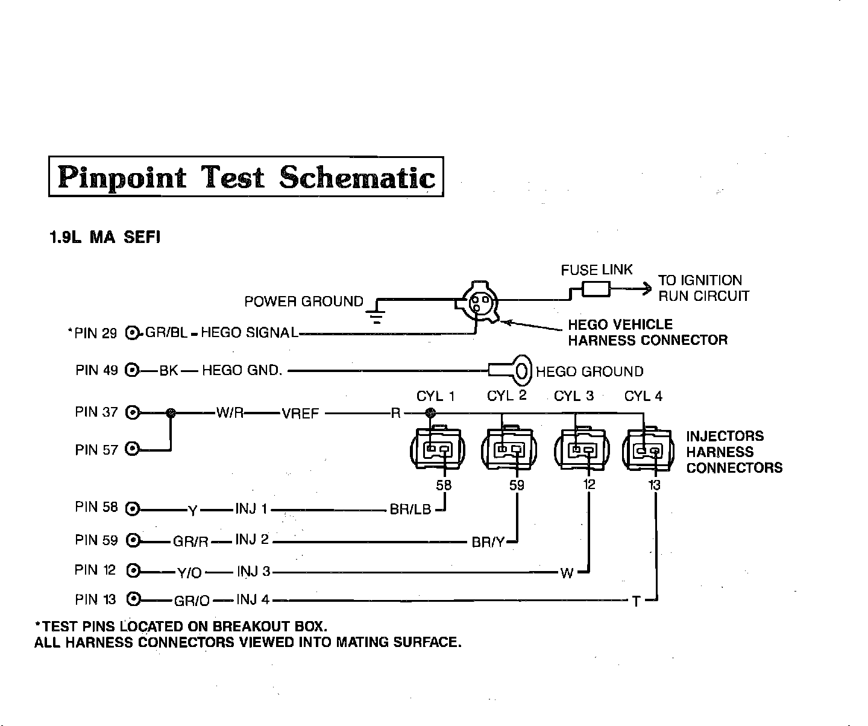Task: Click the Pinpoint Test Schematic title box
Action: [246, 177]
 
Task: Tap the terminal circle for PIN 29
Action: [132, 333]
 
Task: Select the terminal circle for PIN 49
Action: [132, 370]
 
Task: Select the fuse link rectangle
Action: [596, 291]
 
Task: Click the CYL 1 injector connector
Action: [438, 449]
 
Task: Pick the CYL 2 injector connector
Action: [509, 449]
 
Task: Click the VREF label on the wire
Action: [300, 414]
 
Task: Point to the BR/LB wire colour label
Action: [410, 510]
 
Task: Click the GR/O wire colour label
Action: [192, 601]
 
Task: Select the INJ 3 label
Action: [253, 571]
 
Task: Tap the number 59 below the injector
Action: [517, 485]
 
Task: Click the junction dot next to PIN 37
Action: [171, 413]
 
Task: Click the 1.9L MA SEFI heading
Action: [104, 238]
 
